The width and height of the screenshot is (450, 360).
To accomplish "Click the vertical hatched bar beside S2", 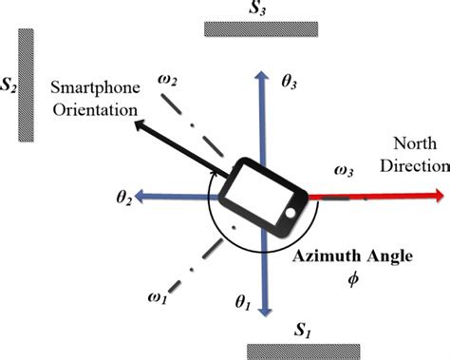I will pyautogui.click(x=27, y=85).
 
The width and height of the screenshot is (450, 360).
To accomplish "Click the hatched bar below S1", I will pyautogui.click(x=301, y=351).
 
